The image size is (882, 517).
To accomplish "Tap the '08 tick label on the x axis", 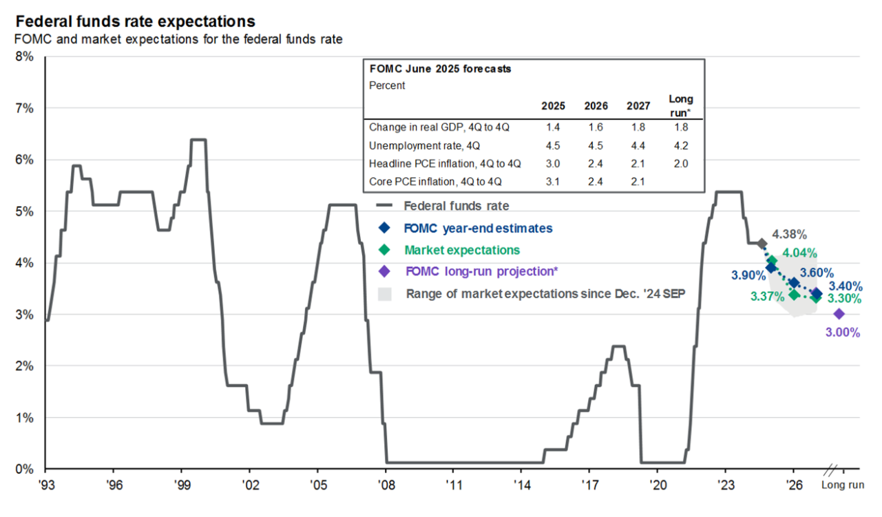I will pyautogui.click(x=386, y=485).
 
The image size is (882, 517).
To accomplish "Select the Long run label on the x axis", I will pyautogui.click(x=842, y=485).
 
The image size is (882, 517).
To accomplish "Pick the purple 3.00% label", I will pyautogui.click(x=843, y=332).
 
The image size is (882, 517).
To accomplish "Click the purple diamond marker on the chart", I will pyautogui.click(x=839, y=314).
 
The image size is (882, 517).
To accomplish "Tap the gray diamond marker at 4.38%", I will pyautogui.click(x=762, y=244).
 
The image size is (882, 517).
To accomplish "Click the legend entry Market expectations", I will pyautogui.click(x=461, y=249).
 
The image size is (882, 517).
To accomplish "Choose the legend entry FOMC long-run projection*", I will pyautogui.click(x=481, y=271).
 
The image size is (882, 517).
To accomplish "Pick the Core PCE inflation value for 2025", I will pyautogui.click(x=553, y=182).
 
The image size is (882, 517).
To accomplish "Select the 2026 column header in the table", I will pyautogui.click(x=596, y=106).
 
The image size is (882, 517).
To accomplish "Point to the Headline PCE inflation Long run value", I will pyautogui.click(x=680, y=164).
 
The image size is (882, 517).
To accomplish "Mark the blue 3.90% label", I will pyautogui.click(x=748, y=275).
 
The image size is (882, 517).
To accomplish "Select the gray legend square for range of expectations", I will pyautogui.click(x=385, y=294).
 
